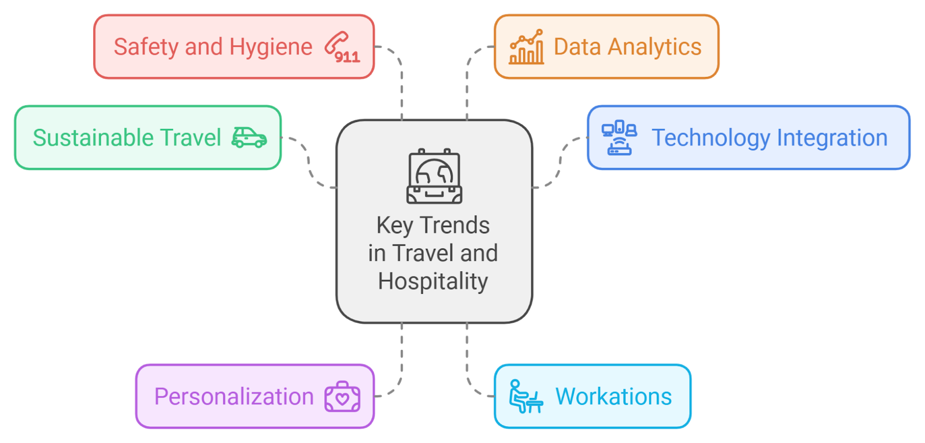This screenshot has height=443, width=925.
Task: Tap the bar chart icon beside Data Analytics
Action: (x=526, y=47)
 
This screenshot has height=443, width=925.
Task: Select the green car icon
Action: (x=249, y=138)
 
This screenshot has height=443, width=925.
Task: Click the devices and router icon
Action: (x=619, y=138)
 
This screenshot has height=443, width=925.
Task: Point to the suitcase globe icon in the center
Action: (x=434, y=176)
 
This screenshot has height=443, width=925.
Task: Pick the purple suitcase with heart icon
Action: (x=342, y=397)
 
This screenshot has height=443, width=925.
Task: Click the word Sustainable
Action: (x=93, y=138)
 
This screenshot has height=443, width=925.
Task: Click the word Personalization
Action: (x=234, y=397)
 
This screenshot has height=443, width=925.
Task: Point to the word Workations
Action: (x=613, y=397)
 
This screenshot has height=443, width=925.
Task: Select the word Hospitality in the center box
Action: (x=433, y=282)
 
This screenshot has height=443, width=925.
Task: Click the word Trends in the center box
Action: (x=455, y=225)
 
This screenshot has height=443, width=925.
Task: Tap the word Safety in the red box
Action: (x=146, y=47)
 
